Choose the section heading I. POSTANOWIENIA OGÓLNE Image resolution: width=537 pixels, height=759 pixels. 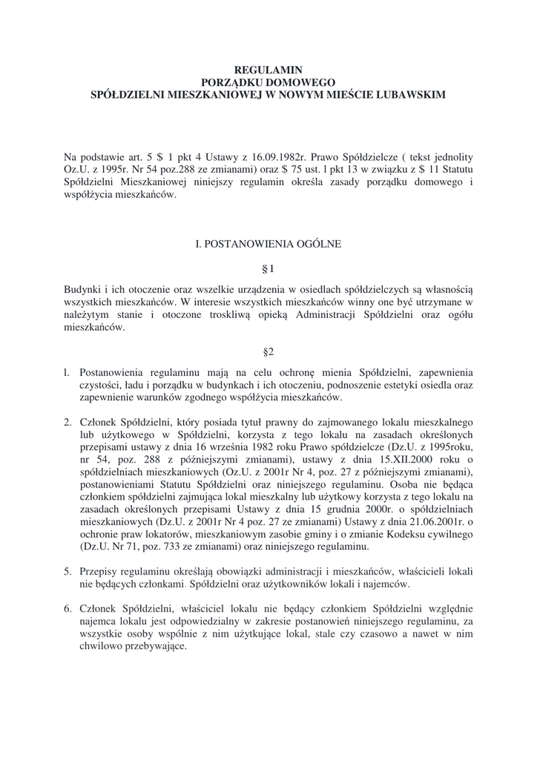[x=268, y=242]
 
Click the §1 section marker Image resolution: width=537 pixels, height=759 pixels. [x=268, y=268]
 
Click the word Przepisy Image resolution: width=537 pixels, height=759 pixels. [x=101, y=571]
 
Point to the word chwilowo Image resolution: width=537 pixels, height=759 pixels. [x=102, y=646]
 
